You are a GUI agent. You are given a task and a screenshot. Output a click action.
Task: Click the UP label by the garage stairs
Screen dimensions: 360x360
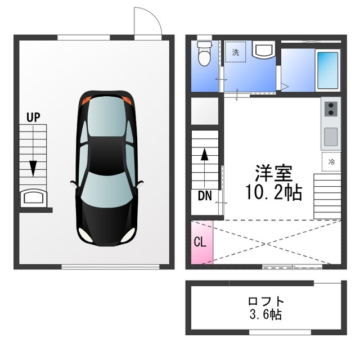(33, 118)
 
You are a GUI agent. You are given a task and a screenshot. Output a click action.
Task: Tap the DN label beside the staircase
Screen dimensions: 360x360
(205, 196)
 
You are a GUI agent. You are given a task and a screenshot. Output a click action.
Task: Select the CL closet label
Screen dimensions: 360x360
(200, 243)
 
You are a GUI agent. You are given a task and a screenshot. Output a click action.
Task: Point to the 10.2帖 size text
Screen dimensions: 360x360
(272, 192)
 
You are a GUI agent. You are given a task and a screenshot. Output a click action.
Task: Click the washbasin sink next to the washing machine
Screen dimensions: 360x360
(262, 51)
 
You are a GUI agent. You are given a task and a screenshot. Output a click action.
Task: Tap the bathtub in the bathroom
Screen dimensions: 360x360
(327, 70)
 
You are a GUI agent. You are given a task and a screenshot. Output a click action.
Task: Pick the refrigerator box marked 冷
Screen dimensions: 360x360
(331, 161)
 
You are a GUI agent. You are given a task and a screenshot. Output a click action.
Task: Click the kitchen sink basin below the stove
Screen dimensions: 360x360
(331, 136)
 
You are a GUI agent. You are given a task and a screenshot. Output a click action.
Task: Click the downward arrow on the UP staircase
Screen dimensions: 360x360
(33, 167)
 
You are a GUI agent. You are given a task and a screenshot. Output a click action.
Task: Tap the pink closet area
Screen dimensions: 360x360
(202, 242)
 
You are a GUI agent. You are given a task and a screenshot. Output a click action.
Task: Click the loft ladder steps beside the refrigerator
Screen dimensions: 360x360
(327, 194)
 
